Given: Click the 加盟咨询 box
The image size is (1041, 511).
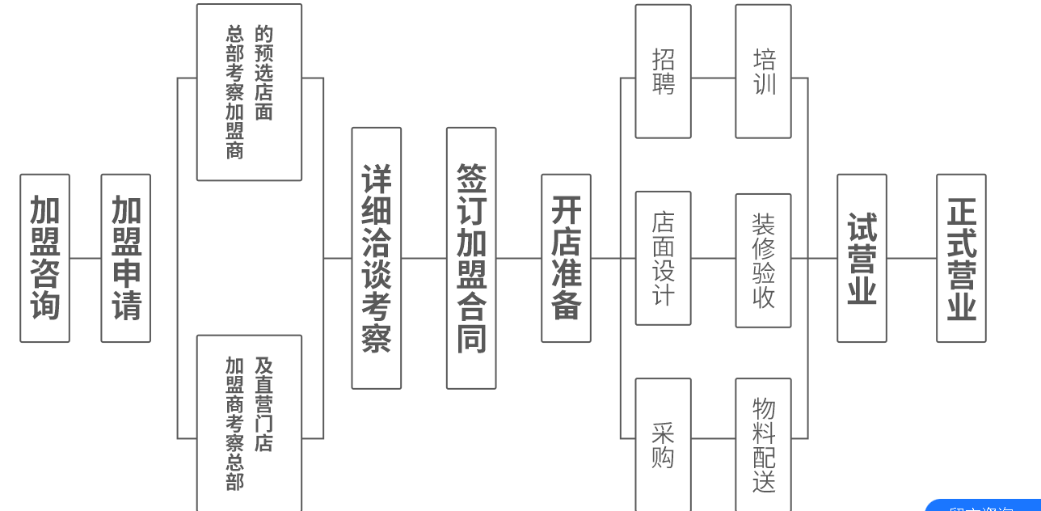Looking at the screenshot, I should coord(44,258).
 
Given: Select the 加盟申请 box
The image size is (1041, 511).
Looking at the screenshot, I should coord(125,258).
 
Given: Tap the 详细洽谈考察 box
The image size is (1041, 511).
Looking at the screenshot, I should coord(377,258).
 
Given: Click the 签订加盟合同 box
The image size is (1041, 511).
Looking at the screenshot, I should coord(471,258).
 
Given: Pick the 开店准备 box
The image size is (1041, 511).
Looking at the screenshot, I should coord(566,258).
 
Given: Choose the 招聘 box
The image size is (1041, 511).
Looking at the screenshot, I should coord(663,71).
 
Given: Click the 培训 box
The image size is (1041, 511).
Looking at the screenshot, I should coord(763,71).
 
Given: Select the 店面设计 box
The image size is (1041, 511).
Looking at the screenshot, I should coord(663,258).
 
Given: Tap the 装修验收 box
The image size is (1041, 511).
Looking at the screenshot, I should coord(763,260).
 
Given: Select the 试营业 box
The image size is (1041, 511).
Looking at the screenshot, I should coord(862,258).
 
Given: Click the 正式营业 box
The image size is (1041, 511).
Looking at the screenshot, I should coord(961,258).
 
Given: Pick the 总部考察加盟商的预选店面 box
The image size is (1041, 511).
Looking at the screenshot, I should coord(249,92).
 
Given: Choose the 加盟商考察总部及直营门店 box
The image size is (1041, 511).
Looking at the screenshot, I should coord(249,422).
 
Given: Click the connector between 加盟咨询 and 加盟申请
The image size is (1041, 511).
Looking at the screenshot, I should coord(85,259).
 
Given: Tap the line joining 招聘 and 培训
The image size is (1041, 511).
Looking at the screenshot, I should coord(713,78).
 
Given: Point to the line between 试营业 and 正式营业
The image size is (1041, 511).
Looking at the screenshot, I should coord(911,259).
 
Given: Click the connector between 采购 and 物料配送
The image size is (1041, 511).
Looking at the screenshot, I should coord(713,439).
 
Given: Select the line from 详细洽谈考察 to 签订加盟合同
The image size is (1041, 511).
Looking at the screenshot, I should coord(424,259).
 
